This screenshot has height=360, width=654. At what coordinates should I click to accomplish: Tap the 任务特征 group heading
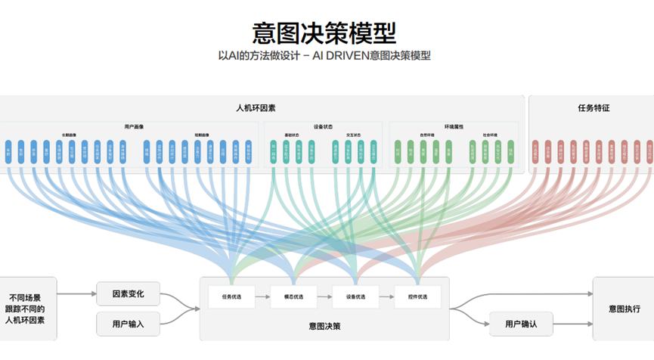pos(594,108)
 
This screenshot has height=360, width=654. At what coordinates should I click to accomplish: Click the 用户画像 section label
pos(135,126)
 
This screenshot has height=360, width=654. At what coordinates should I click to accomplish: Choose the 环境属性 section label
pos(454,126)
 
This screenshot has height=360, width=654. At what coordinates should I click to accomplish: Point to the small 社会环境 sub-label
pos(491,135)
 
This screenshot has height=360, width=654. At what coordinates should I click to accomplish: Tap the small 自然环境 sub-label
pos(426,135)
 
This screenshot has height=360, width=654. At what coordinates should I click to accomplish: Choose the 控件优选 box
pos(417,296)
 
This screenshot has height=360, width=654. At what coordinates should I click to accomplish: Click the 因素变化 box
pos(128,293)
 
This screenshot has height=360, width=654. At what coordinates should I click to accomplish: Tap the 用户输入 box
pos(128,324)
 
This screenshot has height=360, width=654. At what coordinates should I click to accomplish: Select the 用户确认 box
pos(521,324)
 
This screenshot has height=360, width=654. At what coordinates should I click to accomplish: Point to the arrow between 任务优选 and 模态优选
pos(262,296)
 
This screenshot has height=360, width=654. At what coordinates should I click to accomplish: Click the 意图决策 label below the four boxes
pos(324,326)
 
